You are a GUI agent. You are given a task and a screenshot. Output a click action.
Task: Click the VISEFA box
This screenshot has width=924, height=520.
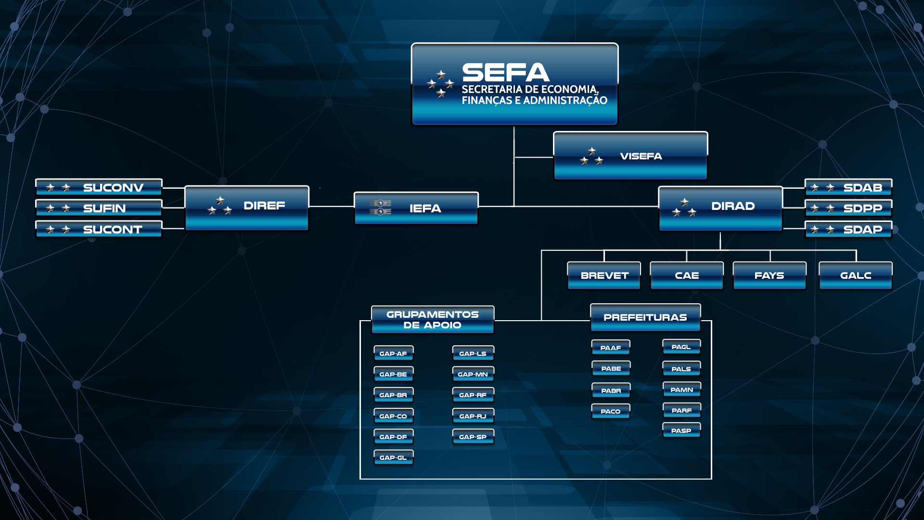(630, 156)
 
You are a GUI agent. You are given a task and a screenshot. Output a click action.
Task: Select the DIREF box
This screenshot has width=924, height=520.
(247, 208)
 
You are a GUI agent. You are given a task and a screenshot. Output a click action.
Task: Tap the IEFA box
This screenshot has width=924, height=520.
(416, 208)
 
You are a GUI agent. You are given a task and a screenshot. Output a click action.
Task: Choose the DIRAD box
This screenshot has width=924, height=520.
(720, 208)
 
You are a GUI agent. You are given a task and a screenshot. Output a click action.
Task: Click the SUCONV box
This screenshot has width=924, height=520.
(99, 187)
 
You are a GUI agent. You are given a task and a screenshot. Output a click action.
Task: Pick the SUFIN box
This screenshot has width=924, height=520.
(99, 208)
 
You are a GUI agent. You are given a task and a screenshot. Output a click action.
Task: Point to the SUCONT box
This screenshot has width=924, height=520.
(99, 229)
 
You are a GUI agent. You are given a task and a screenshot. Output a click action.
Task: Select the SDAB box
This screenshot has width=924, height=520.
(848, 187)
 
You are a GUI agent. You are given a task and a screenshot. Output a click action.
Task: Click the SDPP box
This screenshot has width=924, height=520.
(848, 208)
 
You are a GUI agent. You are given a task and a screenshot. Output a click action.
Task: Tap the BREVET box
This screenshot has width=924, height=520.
(604, 275)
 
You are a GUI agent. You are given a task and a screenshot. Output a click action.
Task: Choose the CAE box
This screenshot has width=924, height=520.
(687, 275)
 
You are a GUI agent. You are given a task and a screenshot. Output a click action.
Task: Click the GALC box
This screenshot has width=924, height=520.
(856, 275)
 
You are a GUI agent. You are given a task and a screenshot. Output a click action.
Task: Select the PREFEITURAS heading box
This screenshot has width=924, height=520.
(645, 317)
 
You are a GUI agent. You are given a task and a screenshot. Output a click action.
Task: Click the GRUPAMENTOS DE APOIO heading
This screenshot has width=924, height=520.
(433, 320)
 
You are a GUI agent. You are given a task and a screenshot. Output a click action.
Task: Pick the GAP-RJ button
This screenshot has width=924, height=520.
(473, 416)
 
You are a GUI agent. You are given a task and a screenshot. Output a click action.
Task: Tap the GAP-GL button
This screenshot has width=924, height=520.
(394, 457)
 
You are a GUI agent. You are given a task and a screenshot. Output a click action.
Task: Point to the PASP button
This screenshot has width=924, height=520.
(681, 430)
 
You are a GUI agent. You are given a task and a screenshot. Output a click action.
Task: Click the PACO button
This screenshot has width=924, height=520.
(611, 411)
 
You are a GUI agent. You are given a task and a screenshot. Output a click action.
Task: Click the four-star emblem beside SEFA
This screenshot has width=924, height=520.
(440, 84)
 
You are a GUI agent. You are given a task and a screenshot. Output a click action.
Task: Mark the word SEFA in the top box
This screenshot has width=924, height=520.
(506, 73)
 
